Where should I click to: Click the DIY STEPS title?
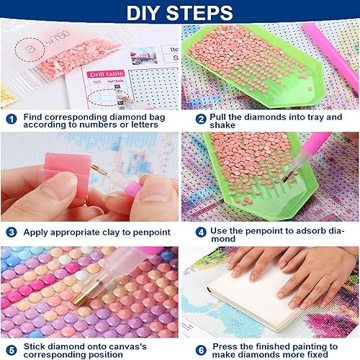[180, 13]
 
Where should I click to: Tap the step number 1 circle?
[12, 120]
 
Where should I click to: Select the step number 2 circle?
[201, 119]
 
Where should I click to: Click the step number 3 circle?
[12, 233]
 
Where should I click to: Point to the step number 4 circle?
[201, 233]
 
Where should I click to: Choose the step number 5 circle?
[12, 351]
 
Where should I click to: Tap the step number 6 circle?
[201, 351]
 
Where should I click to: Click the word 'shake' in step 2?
[222, 125]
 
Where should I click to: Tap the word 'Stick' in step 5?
[34, 346]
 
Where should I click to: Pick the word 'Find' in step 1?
[32, 117]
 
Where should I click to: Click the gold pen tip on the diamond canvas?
[81, 297]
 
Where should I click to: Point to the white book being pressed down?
[254, 297]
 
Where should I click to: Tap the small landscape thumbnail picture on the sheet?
[143, 55]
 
